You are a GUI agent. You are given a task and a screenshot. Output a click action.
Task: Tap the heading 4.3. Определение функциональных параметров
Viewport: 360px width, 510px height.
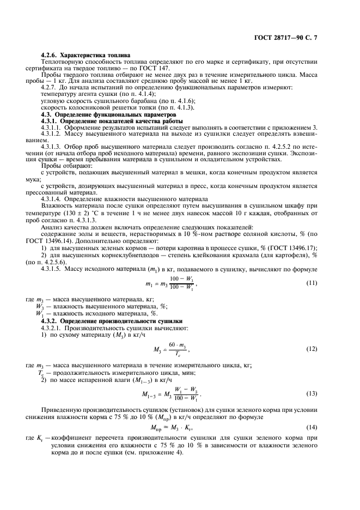coord(109,115)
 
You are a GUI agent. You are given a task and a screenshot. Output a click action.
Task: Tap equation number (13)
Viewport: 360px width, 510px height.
coord(312,393)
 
